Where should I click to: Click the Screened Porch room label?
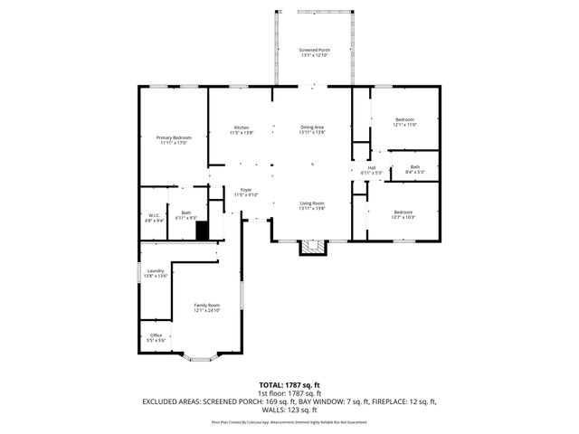(314, 52)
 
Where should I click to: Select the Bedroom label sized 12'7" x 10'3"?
(403, 215)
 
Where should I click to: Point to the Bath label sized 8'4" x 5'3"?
(414, 169)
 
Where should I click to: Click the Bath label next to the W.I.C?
(185, 215)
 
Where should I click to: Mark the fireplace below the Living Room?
(313, 247)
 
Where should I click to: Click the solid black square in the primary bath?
(203, 231)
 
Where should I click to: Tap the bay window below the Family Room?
(202, 358)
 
